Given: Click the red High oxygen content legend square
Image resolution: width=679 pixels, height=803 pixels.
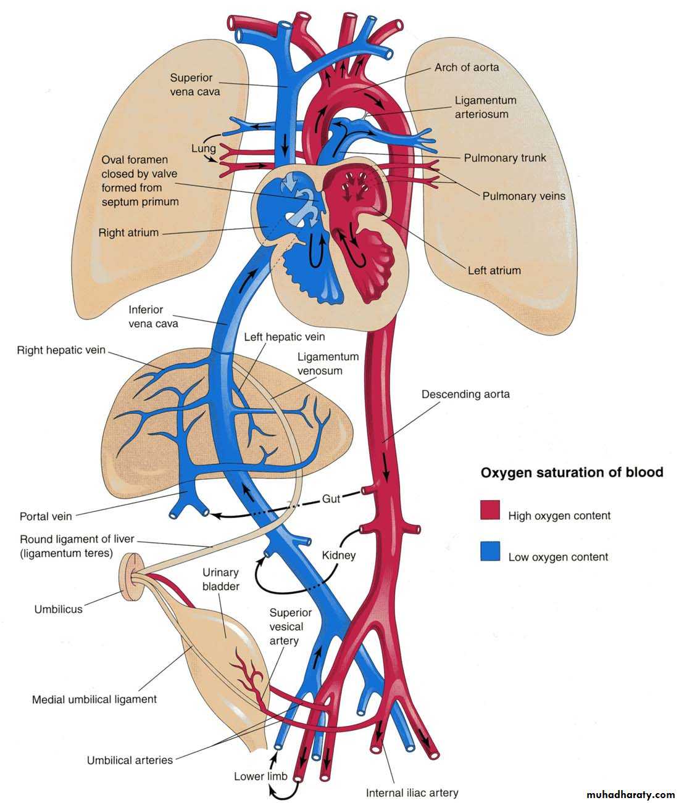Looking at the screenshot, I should click(489, 510).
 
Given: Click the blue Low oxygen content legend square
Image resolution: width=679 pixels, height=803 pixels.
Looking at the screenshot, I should click(489, 551).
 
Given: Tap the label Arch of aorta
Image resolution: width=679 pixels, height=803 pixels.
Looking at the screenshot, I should click(467, 67).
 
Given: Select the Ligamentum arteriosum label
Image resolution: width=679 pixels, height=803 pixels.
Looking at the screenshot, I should click(485, 107).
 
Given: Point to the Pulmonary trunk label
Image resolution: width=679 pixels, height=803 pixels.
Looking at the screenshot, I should click(505, 158).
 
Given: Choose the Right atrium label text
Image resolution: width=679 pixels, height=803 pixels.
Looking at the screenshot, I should click(128, 233).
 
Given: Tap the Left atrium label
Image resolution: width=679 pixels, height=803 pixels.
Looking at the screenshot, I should click(494, 270).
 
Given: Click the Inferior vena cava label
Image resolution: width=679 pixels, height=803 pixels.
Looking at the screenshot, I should click(153, 316).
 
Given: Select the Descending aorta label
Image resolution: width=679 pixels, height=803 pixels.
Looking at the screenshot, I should click(465, 393).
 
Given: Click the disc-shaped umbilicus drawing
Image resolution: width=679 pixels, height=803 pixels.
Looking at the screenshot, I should click(130, 577).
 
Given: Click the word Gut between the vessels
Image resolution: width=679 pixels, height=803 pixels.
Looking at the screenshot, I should click(331, 499).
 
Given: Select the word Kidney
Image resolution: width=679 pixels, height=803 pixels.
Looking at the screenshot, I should click(339, 555).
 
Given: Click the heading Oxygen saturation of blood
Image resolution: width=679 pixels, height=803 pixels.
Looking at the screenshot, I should click(572, 472).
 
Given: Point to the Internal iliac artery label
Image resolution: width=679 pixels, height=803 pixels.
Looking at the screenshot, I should click(412, 793).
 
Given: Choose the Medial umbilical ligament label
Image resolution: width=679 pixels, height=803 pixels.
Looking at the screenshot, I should click(94, 699).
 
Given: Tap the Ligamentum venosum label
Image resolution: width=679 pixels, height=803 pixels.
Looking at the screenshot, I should click(320, 363).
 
